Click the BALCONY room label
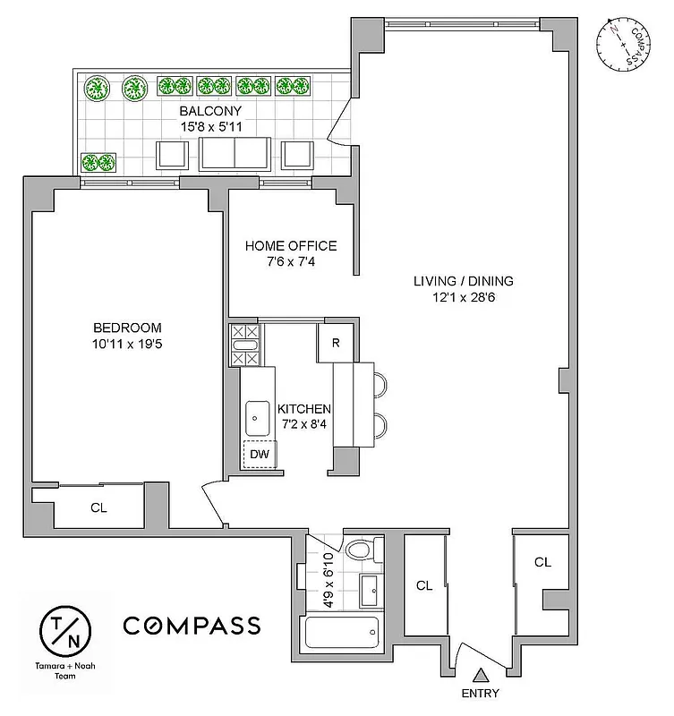pyautogui.click(x=210, y=111)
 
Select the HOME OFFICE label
pyautogui.click(x=291, y=246)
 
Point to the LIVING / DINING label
pyautogui.click(x=463, y=281)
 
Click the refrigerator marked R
pyautogui.click(x=335, y=343)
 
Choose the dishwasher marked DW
pyautogui.click(x=260, y=454)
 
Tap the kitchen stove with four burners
pyautogui.click(x=244, y=345)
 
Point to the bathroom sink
pyautogui.click(x=371, y=589)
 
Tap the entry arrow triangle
pyautogui.click(x=481, y=676)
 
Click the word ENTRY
pyautogui.click(x=481, y=694)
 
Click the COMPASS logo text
pyautogui.click(x=192, y=625)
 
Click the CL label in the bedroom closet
pyautogui.click(x=98, y=507)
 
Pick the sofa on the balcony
pyautogui.click(x=235, y=154)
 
